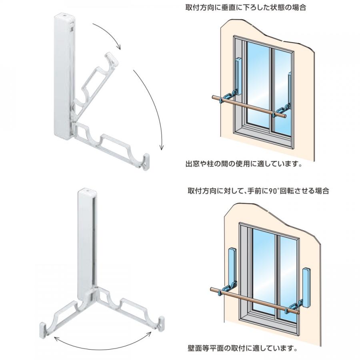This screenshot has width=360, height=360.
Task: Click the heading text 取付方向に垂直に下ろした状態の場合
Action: [246, 8]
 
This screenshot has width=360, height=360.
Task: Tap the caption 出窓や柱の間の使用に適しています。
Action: [244, 164]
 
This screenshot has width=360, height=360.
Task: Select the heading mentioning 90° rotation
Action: [258, 190]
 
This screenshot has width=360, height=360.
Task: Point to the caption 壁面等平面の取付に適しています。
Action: [242, 348]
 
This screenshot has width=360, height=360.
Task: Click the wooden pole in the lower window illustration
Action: [255, 300]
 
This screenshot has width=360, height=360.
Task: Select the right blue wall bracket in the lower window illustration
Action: [306, 288]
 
